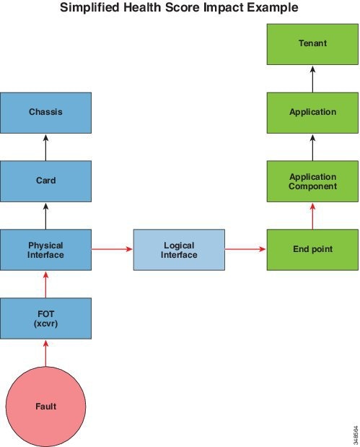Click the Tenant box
click(312, 44)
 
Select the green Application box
click(312, 113)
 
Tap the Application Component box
click(312, 181)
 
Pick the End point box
click(312, 250)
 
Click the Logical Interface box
click(179, 250)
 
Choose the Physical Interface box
click(46, 250)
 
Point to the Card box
click(46, 181)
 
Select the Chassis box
click(46, 113)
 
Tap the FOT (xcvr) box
click(46, 318)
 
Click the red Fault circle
click(46, 407)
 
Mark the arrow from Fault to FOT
click(46, 354)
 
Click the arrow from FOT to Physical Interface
click(46, 285)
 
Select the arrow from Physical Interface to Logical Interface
click(112, 249)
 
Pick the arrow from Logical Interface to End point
click(245, 249)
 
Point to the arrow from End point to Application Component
click(312, 216)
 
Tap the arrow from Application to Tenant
click(312, 79)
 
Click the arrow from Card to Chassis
click(46, 147)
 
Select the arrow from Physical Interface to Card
click(46, 216)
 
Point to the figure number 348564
click(356, 435)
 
